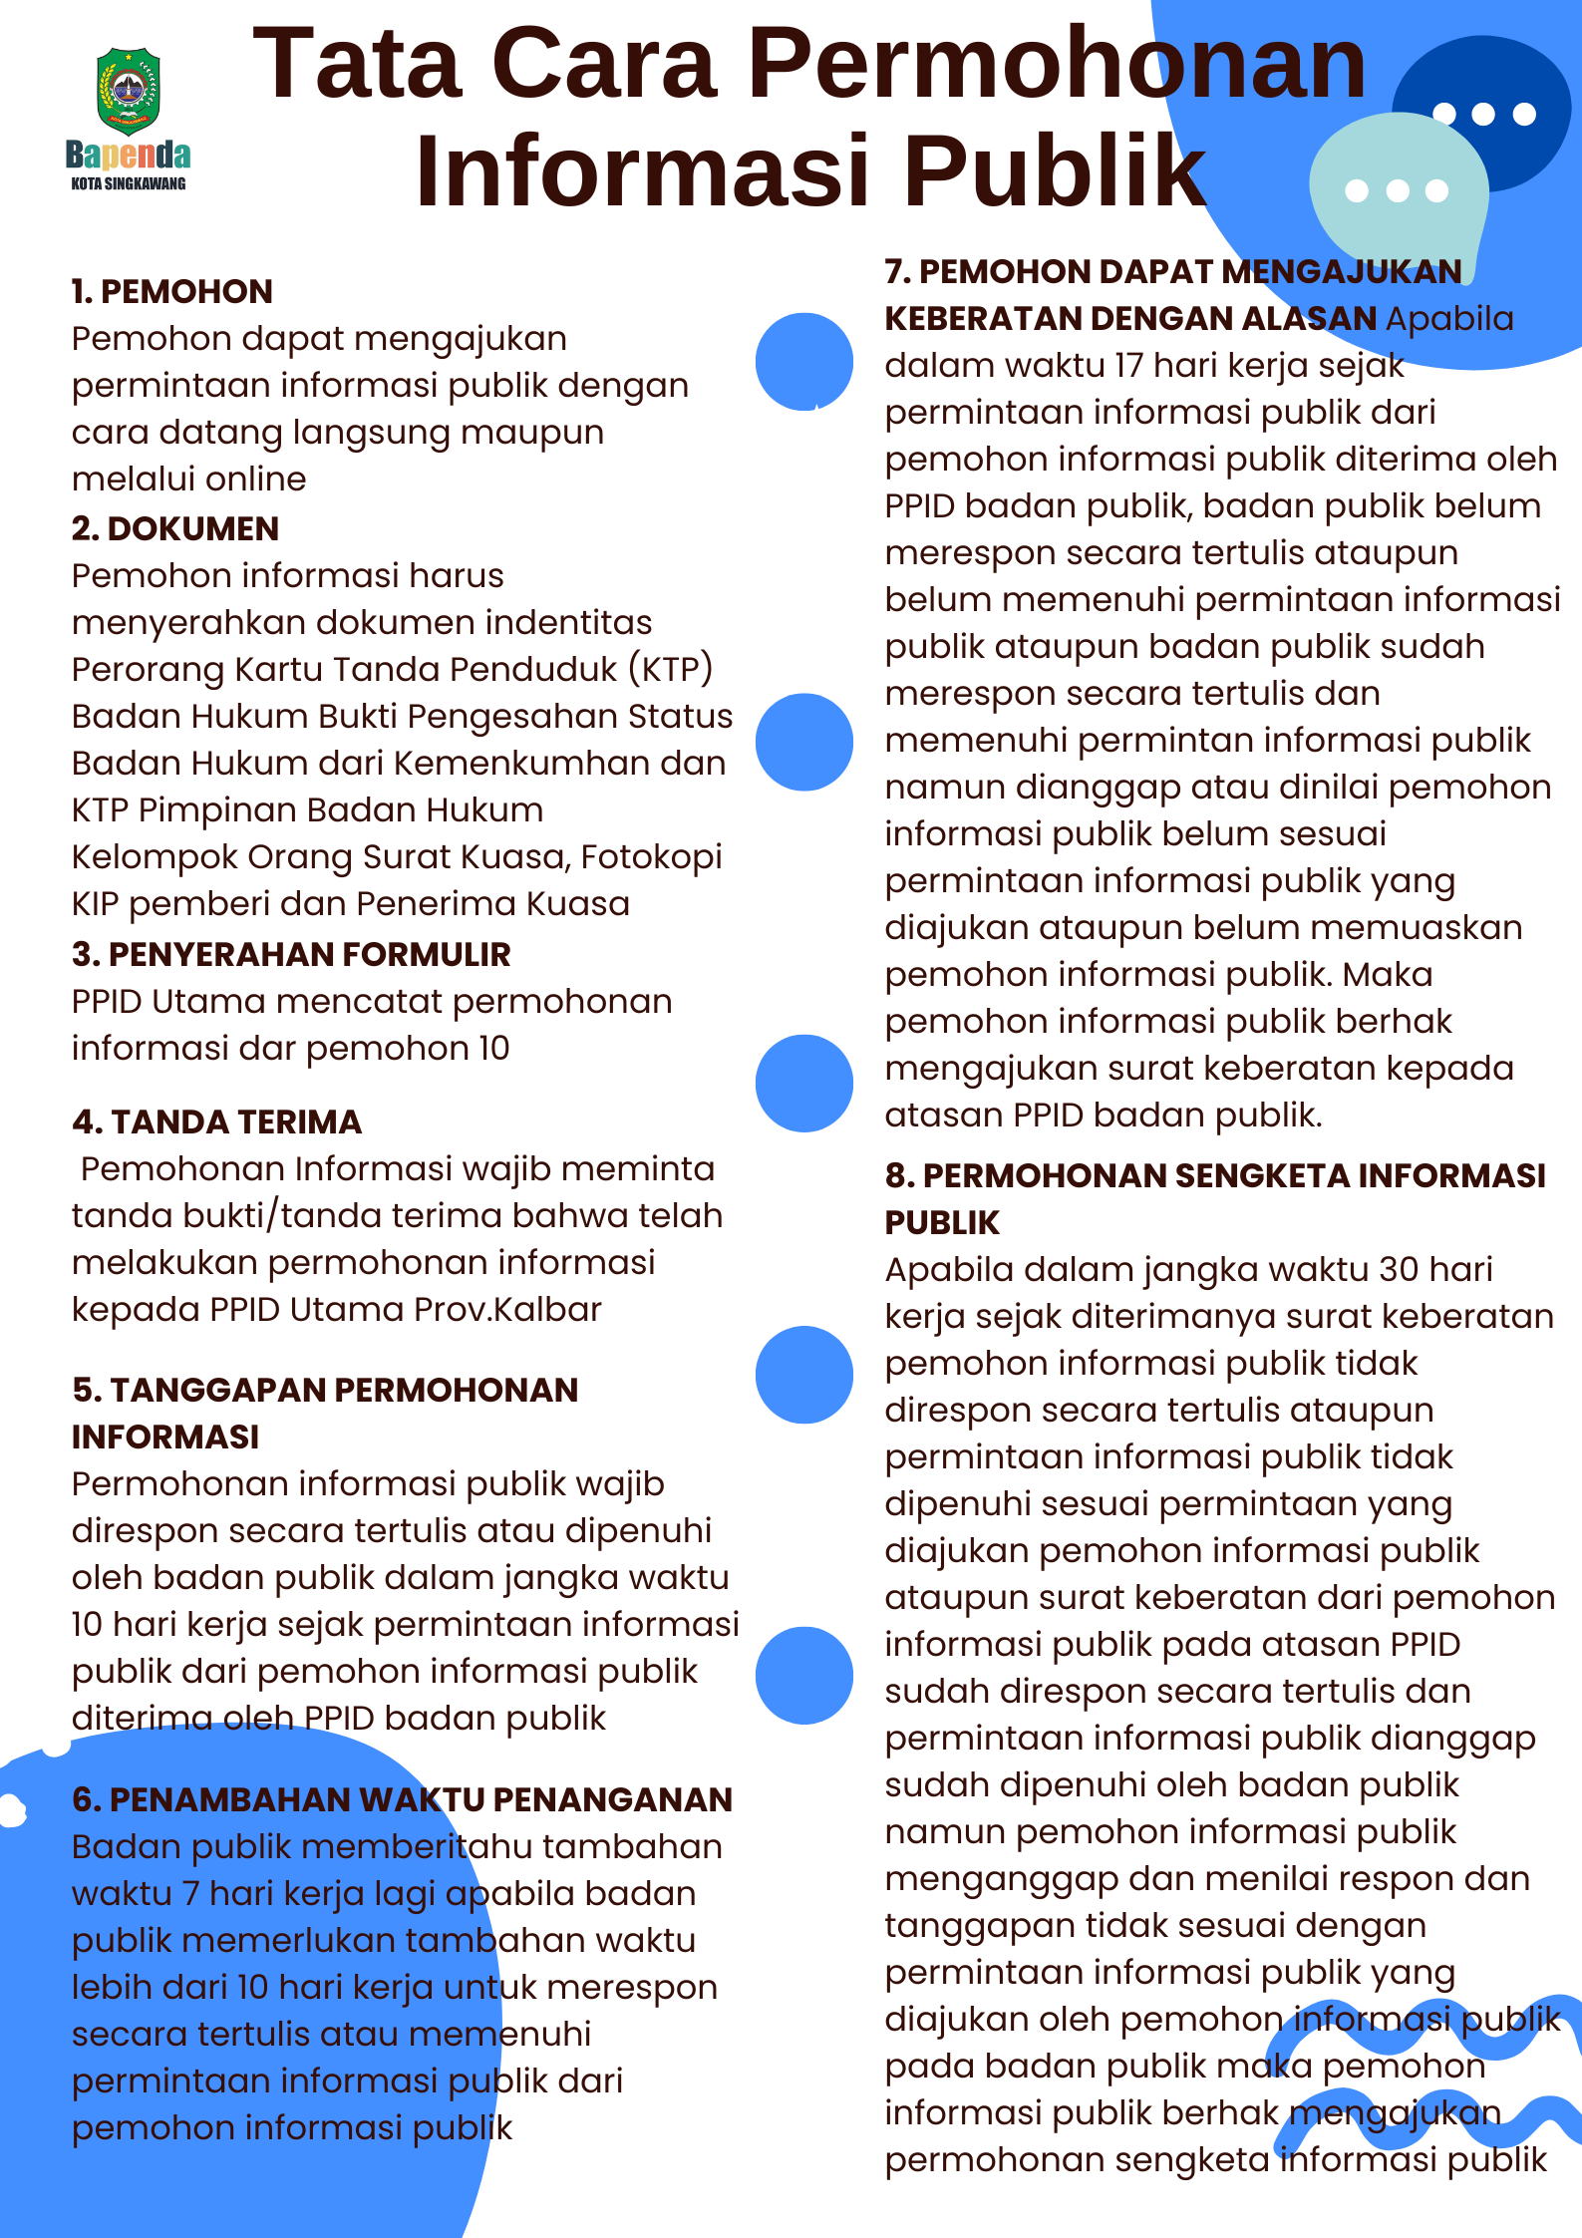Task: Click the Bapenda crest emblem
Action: point(129,91)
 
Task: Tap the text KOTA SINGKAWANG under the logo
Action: point(129,183)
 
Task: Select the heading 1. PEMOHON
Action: point(172,291)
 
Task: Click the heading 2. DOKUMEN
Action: point(175,528)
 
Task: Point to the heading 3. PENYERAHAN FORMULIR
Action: point(291,954)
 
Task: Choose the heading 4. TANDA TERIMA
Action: point(217,1121)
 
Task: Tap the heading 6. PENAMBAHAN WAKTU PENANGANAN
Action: point(402,1799)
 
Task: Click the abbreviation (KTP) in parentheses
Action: point(670,669)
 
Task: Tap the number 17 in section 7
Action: point(1128,365)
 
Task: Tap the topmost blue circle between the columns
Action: point(803,361)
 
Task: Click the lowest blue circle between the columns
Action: point(803,1676)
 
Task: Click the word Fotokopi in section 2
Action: point(651,856)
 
